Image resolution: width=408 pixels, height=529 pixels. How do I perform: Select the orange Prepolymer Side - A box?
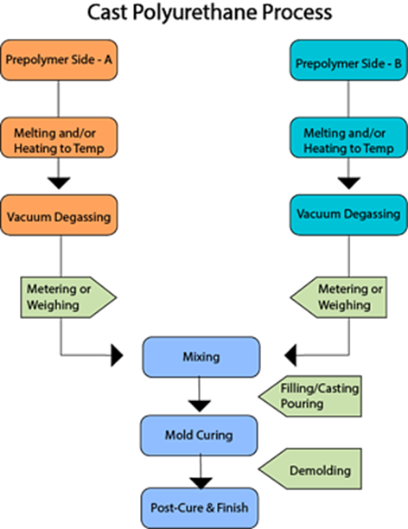[x=59, y=60]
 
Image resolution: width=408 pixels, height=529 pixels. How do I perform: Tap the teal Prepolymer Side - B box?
[x=348, y=60]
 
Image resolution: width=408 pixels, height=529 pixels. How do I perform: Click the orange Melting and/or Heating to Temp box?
[x=59, y=137]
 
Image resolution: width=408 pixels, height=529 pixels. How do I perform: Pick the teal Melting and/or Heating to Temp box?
[x=348, y=137]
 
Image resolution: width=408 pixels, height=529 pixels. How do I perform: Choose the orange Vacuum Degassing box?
[x=59, y=215]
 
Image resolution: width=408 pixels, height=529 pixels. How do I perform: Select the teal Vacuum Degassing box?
[x=348, y=215]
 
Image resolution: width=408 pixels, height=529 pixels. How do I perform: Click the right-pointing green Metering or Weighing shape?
[x=68, y=297]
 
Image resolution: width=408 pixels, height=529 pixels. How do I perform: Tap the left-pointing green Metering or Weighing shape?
[x=339, y=297]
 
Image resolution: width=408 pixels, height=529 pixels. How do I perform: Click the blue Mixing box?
[x=201, y=357]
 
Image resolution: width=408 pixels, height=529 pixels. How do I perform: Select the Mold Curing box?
[x=199, y=436]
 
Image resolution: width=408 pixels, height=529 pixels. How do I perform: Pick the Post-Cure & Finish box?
[x=200, y=508]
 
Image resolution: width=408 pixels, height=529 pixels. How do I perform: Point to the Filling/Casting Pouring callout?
[x=310, y=397]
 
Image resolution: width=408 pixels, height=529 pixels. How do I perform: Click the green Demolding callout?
[x=310, y=469]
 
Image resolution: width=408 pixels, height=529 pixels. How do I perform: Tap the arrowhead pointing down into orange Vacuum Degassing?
[x=59, y=183]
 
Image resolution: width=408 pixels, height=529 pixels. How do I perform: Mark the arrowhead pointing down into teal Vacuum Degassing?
[x=349, y=183]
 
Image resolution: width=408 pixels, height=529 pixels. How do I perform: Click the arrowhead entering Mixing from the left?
[x=117, y=355]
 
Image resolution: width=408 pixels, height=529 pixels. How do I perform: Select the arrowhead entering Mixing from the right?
[x=290, y=355]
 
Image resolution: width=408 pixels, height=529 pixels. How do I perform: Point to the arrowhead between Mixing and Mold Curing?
[x=200, y=406]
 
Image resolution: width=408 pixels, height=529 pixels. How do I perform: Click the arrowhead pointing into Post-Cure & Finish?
[x=201, y=483]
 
